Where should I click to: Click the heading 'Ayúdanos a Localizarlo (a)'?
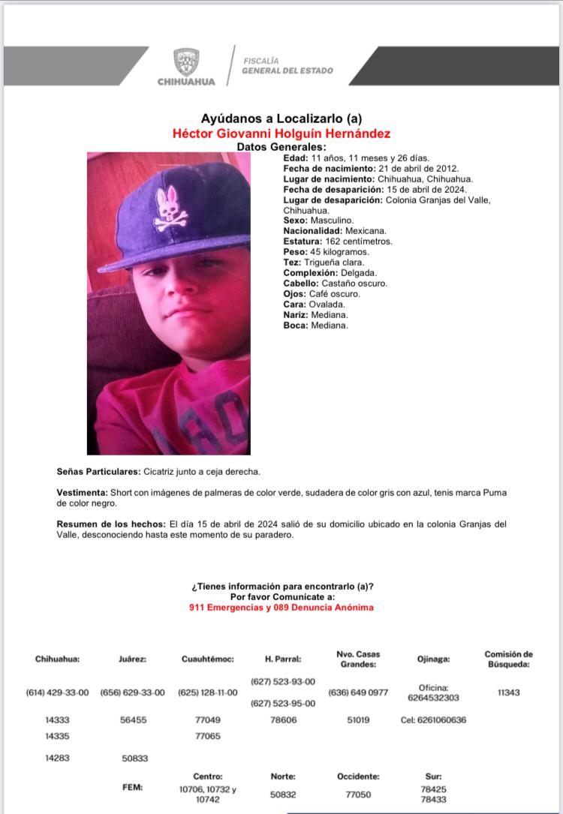click(281, 119)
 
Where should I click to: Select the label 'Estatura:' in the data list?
click(303, 242)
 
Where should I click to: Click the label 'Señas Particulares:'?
click(98, 471)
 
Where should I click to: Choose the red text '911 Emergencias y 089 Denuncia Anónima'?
click(281, 607)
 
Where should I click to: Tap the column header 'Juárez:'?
click(132, 659)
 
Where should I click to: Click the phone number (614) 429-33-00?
click(57, 692)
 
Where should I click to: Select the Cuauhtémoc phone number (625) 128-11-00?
click(207, 692)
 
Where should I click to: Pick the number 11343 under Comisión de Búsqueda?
click(508, 692)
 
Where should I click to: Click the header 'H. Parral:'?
click(283, 659)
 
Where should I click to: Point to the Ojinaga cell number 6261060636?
click(433, 720)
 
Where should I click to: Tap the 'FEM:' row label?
click(132, 788)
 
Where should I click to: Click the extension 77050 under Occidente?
click(358, 794)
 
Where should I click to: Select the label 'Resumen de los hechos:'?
click(111, 524)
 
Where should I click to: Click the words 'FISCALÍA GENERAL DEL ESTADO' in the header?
click(288, 65)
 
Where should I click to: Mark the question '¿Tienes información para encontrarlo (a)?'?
click(281, 586)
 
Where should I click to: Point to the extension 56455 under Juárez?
click(132, 720)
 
